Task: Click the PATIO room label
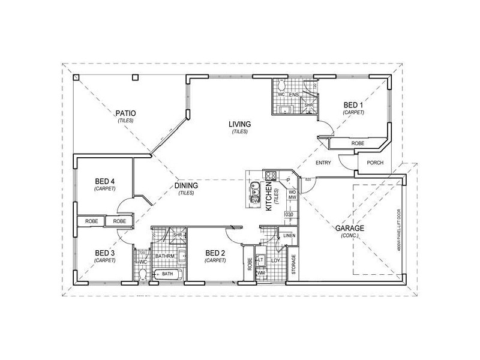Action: coord(125,113)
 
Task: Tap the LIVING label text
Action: coord(239,124)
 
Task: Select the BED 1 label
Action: coord(353,105)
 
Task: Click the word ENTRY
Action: coord(324,163)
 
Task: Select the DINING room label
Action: coord(187,185)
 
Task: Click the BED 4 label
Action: coord(104,182)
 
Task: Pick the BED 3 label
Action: coord(104,253)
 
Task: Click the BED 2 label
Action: coord(215,253)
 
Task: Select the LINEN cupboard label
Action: coord(289,235)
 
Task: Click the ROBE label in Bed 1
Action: coord(358,144)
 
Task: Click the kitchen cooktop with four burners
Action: coord(270,176)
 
